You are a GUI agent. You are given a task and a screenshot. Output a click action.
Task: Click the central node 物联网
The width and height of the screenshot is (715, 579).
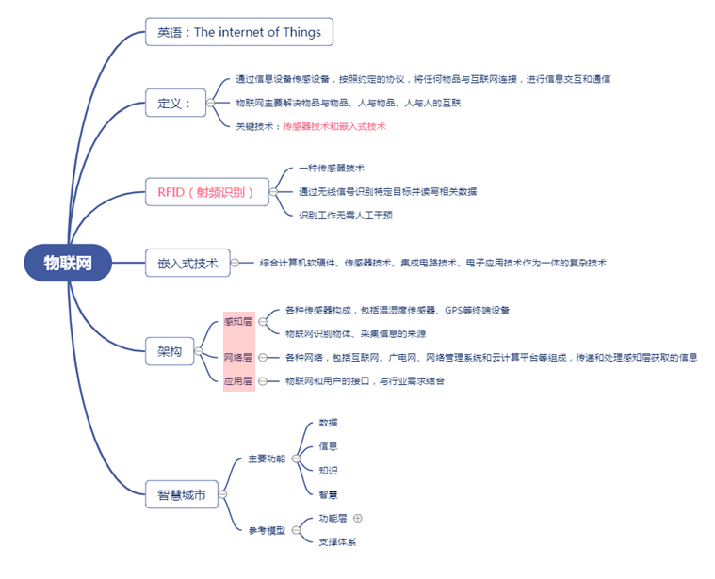68,263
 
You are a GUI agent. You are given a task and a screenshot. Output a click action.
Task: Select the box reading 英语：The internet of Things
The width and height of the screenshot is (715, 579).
239,32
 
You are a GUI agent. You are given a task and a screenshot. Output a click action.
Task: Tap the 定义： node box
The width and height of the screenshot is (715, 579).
174,103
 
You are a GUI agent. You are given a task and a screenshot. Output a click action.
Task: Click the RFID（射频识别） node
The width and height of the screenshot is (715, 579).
206,192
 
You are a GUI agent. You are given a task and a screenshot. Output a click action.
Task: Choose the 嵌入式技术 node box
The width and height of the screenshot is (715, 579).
187,263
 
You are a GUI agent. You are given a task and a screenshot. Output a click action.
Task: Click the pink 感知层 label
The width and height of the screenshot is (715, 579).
238,321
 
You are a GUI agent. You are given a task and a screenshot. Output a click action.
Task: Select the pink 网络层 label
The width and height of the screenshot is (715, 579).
238,357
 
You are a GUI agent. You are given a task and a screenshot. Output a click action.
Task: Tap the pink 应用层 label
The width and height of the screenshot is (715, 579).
238,381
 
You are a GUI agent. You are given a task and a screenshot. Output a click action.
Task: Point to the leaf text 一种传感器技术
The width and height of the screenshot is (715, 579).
324,168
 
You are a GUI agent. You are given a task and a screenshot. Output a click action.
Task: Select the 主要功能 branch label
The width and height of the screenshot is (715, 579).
266,458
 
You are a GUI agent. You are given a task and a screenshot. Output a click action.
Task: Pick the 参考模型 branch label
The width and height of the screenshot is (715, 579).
266,530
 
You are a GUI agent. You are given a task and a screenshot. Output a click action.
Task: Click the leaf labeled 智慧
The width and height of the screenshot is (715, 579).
328,493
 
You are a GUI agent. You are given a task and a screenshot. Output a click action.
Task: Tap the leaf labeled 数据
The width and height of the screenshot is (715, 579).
328,423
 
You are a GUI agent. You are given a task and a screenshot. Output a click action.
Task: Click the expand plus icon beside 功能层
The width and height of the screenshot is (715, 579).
358,518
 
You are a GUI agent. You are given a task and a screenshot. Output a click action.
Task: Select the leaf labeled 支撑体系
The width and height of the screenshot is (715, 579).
336,541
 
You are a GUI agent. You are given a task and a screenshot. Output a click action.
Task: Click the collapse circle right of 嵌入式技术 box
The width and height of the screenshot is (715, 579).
236,263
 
